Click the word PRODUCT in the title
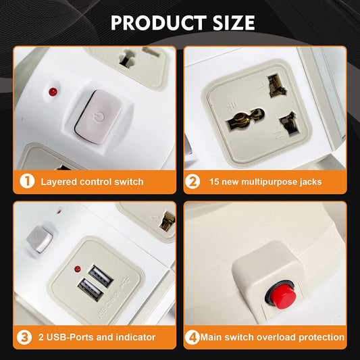[x=159, y=23]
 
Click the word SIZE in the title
[x=234, y=23]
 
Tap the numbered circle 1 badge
[x=27, y=182]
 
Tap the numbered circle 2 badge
[x=192, y=182]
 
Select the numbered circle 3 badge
[x=24, y=337]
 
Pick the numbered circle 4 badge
[x=192, y=337]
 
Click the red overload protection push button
[x=282, y=297]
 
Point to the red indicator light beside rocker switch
[x=53, y=92]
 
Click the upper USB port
[x=101, y=276]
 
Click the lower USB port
[x=90, y=290]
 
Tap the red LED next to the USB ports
[x=78, y=269]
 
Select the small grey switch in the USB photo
[x=39, y=239]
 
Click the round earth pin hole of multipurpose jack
[x=246, y=118]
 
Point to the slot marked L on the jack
[x=277, y=85]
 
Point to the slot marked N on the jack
[x=290, y=124]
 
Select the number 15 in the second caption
[x=214, y=182]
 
